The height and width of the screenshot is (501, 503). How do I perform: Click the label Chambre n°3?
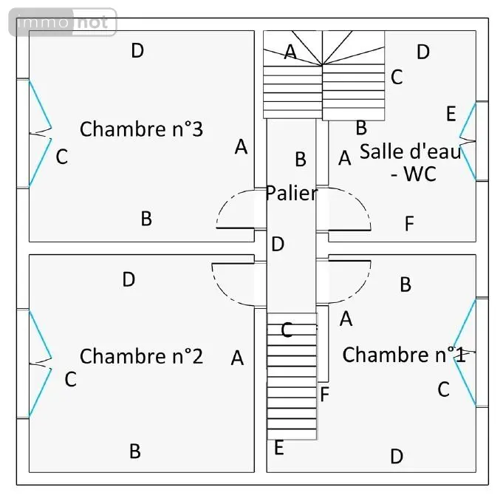point(141,129)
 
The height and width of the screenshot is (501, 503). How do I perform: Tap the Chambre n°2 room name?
point(141,356)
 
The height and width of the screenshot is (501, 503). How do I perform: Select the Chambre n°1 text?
point(404,355)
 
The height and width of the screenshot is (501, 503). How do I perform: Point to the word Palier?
point(292,193)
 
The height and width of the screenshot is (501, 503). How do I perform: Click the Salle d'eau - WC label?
point(411,163)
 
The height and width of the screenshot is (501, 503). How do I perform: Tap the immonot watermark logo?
point(63,22)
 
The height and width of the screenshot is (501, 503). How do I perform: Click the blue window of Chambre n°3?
point(40,133)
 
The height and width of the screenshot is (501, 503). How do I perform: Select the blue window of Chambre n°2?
point(40,364)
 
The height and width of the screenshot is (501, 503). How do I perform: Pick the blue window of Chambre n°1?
point(465,352)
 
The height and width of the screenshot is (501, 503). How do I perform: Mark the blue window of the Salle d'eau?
point(468,141)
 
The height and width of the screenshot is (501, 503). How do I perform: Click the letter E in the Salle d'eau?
point(451,114)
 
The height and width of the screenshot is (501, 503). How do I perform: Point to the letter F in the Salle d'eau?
point(409,223)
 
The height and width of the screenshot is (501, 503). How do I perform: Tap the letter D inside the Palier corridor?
point(278,244)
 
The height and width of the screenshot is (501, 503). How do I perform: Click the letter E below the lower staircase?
point(278,448)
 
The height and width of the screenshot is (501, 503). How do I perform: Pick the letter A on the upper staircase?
point(290,52)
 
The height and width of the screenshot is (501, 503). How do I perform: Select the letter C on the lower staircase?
point(287,330)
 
